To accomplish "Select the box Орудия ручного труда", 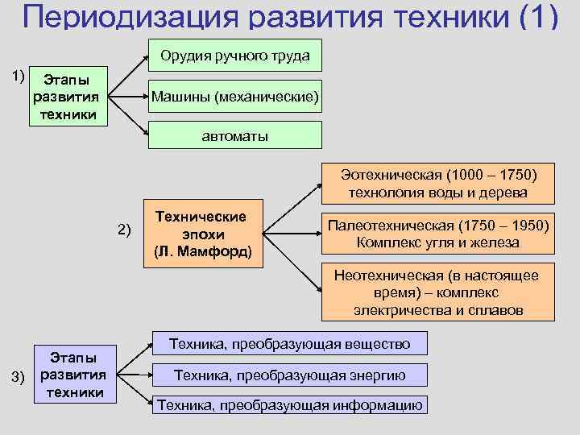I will coord(234,56).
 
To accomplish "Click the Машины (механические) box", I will coord(234,97).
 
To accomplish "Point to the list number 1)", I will coord(17,76).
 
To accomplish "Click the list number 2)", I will coord(123,230).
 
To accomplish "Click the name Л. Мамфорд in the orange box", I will coord(203,251).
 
